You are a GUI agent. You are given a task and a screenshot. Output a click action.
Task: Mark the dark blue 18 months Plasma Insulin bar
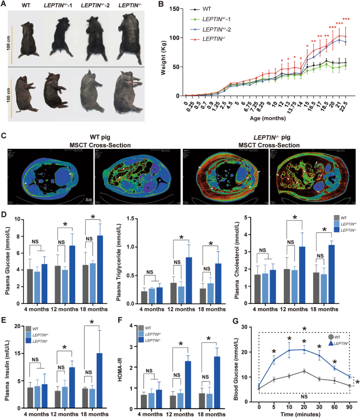point(99,378)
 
